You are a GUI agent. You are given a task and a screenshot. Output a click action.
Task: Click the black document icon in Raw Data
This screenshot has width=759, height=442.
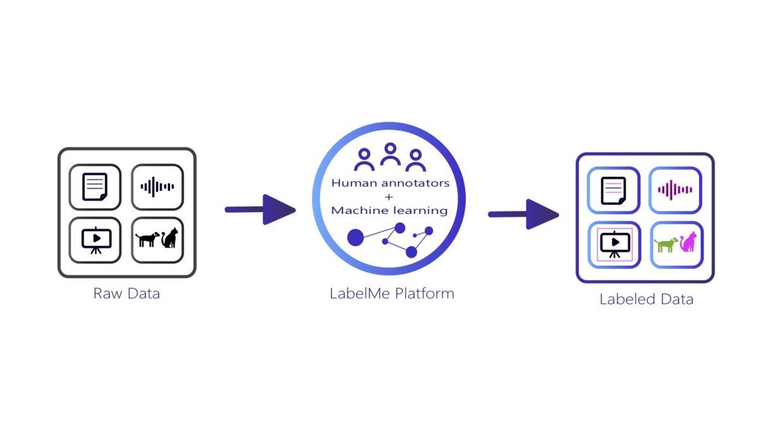click(x=95, y=187)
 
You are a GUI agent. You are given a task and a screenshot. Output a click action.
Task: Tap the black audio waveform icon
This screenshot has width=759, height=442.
click(x=157, y=187)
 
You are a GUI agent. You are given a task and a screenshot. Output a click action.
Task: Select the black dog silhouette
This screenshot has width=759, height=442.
click(x=147, y=239)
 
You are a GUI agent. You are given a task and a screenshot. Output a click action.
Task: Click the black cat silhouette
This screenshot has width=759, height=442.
click(x=170, y=238)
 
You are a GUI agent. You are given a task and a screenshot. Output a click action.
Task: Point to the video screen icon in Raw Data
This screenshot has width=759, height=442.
click(x=96, y=240)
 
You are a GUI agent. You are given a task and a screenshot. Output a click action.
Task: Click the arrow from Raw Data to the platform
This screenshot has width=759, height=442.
click(x=260, y=210)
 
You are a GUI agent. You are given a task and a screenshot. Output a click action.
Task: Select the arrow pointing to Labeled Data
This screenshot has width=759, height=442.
click(x=524, y=214)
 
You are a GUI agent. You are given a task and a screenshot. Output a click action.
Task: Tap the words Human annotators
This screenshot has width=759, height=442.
click(x=390, y=183)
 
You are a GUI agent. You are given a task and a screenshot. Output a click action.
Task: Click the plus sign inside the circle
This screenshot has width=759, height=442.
click(x=389, y=197)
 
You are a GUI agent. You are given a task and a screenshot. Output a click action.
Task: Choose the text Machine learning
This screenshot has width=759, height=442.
click(x=390, y=211)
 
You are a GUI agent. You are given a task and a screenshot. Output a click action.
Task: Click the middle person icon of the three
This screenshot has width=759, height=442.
click(x=390, y=154)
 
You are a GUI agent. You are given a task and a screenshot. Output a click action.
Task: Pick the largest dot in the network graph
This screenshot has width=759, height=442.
click(x=355, y=237)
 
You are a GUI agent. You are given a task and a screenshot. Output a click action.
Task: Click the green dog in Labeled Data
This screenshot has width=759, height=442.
click(x=666, y=245)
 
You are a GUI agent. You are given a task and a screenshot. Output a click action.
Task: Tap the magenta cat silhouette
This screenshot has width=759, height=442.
click(x=688, y=242)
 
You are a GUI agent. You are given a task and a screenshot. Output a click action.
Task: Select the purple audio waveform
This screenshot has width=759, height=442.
click(x=675, y=190)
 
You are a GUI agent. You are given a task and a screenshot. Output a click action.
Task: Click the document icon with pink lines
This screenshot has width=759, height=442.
click(x=614, y=191)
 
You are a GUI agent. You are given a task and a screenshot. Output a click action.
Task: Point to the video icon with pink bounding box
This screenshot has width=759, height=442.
click(x=615, y=245)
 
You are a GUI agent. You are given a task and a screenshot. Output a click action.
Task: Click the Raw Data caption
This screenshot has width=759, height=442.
click(x=126, y=293)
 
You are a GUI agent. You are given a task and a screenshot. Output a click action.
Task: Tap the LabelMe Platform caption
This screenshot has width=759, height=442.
click(x=392, y=293)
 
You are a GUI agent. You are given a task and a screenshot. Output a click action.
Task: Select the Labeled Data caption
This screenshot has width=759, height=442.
click(x=646, y=299)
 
